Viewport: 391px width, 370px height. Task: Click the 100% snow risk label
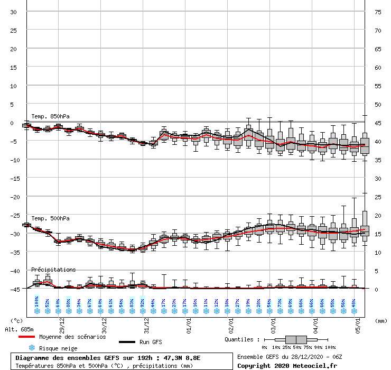point(36,301)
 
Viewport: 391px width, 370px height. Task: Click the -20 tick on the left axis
point(14,197)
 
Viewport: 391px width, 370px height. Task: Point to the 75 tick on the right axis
point(378,12)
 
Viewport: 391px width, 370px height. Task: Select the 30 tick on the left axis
point(14,12)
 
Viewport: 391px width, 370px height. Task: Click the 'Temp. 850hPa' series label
point(50,116)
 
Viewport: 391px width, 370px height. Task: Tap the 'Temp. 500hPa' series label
point(50,218)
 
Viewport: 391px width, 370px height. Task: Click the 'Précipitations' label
point(53,270)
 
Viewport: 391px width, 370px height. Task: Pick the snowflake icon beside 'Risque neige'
point(31,348)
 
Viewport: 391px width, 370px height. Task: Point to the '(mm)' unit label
point(381,320)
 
